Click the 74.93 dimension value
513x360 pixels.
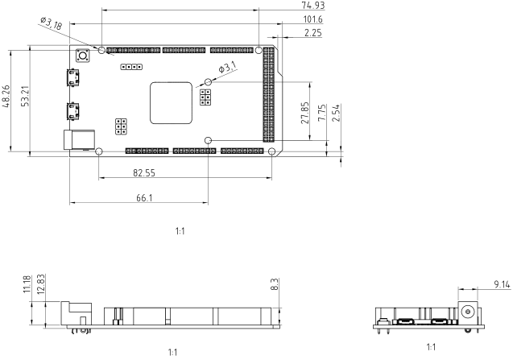313,6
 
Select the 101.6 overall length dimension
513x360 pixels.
313,19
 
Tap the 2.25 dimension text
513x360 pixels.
313,33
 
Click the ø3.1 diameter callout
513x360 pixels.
227,68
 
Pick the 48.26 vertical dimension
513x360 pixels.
6,98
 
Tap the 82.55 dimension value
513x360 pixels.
144,172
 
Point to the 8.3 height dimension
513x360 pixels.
275,284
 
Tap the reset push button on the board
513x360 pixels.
81,56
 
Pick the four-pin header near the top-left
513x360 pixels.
130,68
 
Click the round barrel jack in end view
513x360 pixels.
467,311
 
